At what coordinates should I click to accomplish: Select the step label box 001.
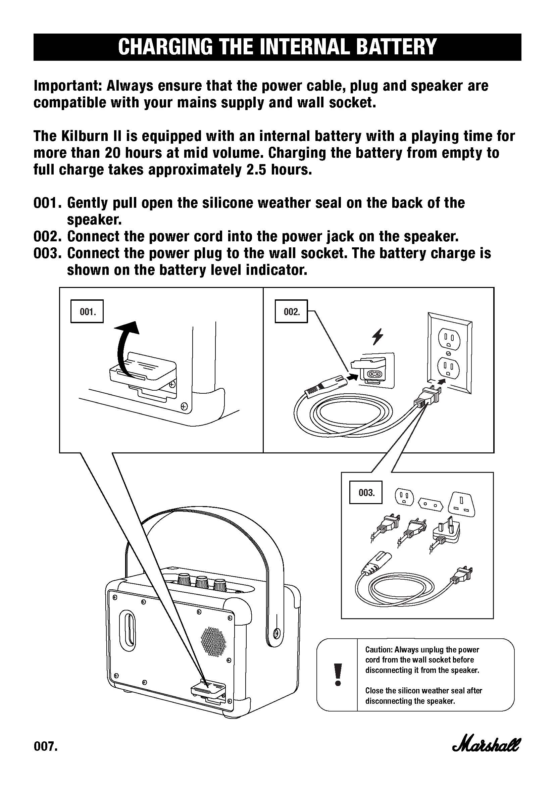click(87, 311)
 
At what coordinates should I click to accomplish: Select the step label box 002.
click(291, 311)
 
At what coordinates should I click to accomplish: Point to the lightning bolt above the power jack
click(377, 337)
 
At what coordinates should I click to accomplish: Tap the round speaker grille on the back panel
click(214, 643)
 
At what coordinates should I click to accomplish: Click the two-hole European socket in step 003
click(430, 504)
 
